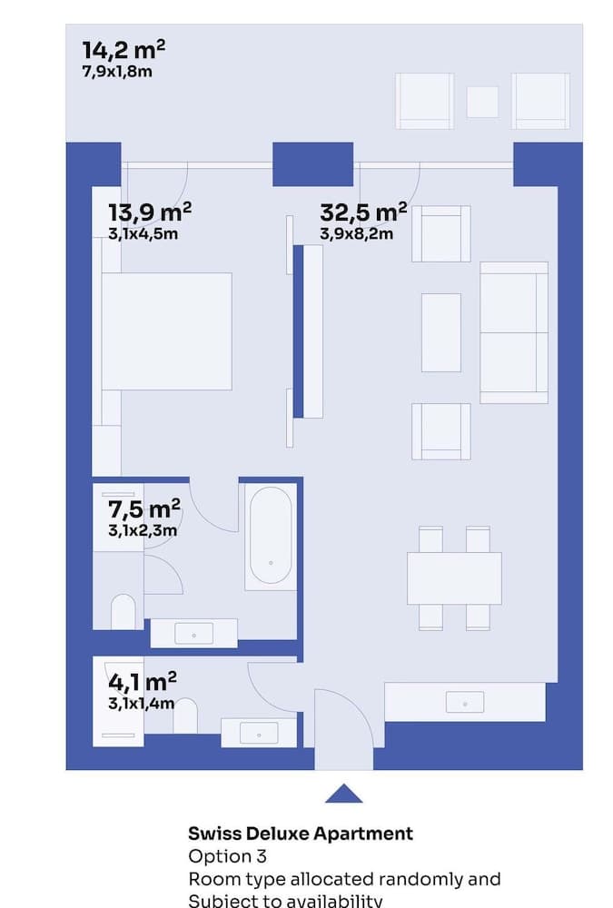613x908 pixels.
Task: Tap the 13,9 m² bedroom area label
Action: [149, 212]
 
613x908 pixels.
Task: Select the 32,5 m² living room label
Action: [362, 212]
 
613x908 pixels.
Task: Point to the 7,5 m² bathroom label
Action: [143, 508]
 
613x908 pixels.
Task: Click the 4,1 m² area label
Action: [142, 681]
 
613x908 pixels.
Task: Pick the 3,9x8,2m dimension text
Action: [356, 234]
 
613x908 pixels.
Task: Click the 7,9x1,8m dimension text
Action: [116, 70]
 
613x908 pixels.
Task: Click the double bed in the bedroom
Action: [166, 331]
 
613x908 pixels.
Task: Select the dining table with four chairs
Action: [454, 578]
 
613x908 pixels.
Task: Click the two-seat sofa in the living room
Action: [514, 332]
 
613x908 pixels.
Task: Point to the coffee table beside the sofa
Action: [441, 332]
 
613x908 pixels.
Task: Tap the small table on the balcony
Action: [482, 102]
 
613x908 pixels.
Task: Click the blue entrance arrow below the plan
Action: [343, 794]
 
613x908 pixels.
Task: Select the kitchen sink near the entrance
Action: [465, 701]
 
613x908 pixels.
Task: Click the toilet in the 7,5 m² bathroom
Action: [124, 612]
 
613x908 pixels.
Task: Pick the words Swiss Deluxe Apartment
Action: [301, 833]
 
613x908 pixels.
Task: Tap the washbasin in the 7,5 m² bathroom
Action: [193, 633]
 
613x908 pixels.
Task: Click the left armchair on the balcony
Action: [424, 101]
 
